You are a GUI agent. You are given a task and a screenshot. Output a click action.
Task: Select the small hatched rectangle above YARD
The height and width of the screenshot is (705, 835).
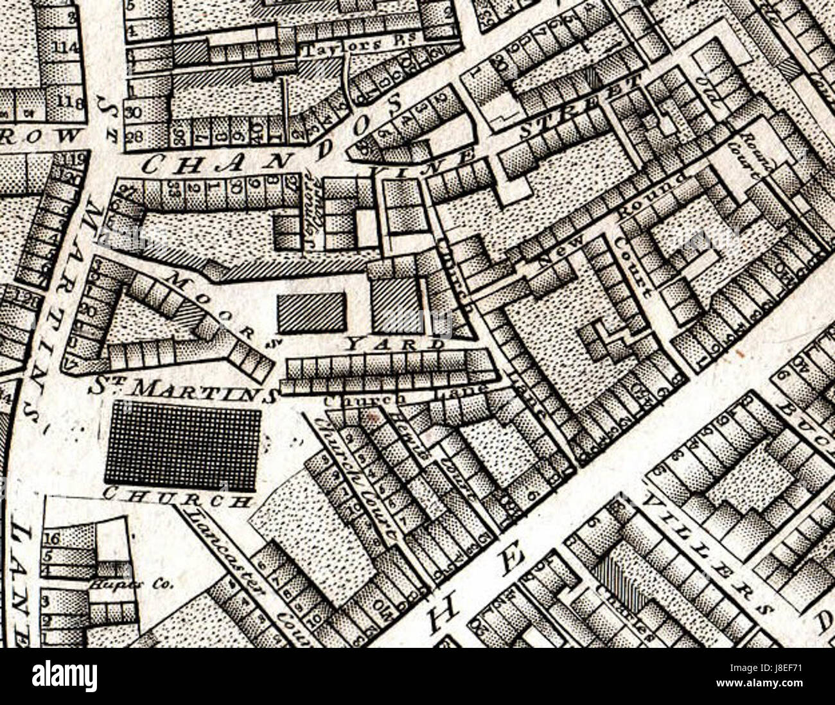pyautogui.click(x=311, y=312)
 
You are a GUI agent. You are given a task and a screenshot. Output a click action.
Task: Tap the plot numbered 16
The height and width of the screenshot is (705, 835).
pyautogui.click(x=55, y=537)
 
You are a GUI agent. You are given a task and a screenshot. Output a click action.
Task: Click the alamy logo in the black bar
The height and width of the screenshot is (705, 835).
pyautogui.click(x=64, y=675)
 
